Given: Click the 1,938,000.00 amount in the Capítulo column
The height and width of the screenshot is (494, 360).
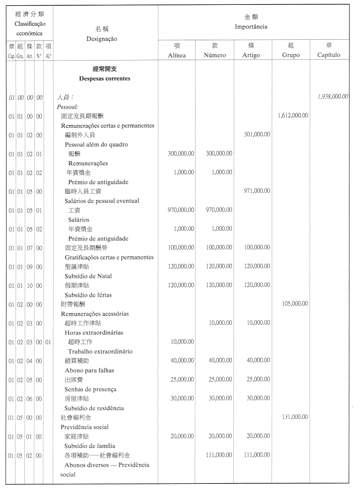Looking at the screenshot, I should [x=332, y=96].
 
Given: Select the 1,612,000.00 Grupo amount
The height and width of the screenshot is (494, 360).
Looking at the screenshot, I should [x=293, y=115].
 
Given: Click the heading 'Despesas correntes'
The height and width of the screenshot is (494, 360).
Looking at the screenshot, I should [x=104, y=78].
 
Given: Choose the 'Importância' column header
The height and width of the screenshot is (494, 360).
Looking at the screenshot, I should [x=251, y=27].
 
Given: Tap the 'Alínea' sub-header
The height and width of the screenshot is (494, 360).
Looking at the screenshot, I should [x=177, y=55].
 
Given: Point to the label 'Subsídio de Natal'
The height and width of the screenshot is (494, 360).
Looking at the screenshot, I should [x=88, y=276].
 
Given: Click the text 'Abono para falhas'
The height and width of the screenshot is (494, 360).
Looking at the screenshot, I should [x=89, y=370].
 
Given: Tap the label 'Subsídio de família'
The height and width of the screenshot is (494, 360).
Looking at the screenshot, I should [x=90, y=446].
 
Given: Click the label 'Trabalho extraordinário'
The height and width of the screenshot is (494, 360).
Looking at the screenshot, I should [x=100, y=351].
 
